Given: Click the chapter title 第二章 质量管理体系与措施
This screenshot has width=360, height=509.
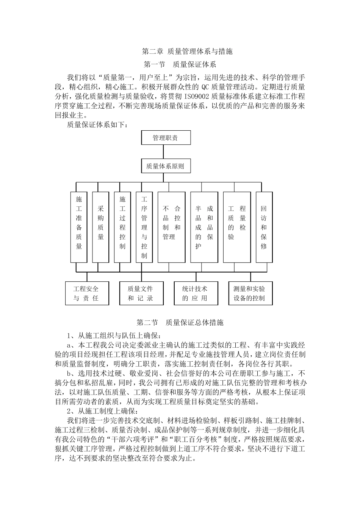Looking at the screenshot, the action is [187, 51].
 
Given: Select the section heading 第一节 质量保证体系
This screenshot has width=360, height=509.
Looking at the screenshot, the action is [180, 64].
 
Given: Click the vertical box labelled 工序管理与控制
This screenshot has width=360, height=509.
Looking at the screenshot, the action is [144, 227].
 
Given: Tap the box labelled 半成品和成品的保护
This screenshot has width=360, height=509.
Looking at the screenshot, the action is [204, 227].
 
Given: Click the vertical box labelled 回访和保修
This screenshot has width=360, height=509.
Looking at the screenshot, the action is [264, 227].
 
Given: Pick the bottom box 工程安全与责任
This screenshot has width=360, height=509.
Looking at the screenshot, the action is [86, 293].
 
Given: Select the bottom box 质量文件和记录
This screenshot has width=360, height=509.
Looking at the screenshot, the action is [141, 293].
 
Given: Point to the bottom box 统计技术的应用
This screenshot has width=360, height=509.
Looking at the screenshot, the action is [196, 293].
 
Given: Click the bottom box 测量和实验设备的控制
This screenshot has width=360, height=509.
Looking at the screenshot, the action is [250, 293].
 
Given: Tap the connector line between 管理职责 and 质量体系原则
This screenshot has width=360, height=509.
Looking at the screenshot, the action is [163, 151].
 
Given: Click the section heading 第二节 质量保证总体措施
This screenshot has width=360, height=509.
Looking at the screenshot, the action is [180, 323].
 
